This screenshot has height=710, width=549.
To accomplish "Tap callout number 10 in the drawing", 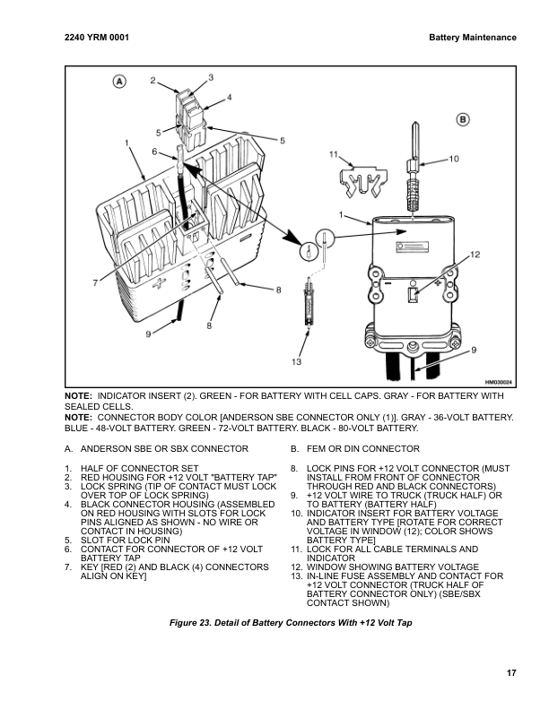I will coord(453,158).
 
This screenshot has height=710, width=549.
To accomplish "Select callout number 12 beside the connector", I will coord(475,255).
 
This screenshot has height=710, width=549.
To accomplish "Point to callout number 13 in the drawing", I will coord(295,362).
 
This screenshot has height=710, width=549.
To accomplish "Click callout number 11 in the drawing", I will coord(333,153).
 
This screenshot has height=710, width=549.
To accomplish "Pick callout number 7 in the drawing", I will coord(95,283).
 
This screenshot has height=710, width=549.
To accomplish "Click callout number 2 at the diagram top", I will coord(152,81).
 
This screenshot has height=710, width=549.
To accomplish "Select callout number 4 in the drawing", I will coord(229,96).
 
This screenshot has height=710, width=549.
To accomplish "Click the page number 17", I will coord(510,673).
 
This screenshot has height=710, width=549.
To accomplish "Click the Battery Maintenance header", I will coord(472,38).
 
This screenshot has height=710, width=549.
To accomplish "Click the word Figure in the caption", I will coord(186,621).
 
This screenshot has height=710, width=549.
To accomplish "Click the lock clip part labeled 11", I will coord(362,179).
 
